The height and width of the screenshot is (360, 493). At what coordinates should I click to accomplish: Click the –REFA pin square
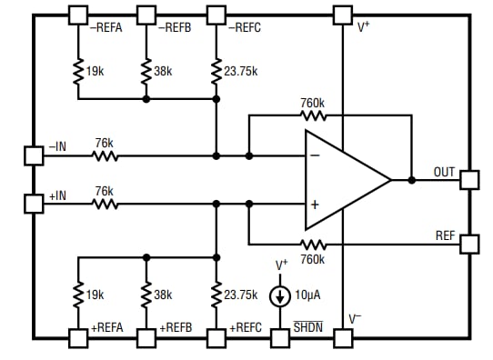click(78, 15)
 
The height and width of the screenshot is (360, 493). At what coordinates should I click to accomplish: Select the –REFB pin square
click(146, 15)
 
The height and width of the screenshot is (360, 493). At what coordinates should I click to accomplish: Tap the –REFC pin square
click(216, 15)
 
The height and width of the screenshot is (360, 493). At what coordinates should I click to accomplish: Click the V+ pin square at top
click(342, 15)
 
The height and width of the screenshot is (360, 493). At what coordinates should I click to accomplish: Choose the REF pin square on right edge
click(468, 244)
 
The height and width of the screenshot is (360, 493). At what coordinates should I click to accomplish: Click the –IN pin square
click(33, 155)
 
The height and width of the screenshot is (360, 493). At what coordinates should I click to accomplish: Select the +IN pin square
click(33, 204)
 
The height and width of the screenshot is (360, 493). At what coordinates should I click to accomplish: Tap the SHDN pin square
click(281, 337)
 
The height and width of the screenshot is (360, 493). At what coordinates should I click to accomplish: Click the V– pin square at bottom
click(342, 337)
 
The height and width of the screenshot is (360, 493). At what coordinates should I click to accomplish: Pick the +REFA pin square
click(78, 337)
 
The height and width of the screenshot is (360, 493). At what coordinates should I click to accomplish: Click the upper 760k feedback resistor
click(313, 115)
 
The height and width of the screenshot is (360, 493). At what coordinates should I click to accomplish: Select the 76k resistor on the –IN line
click(106, 155)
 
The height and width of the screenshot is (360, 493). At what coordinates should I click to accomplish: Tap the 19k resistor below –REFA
click(78, 71)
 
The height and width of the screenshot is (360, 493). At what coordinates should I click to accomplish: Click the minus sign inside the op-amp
click(315, 155)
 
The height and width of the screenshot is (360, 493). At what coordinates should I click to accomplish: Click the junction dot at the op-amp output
click(411, 180)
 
